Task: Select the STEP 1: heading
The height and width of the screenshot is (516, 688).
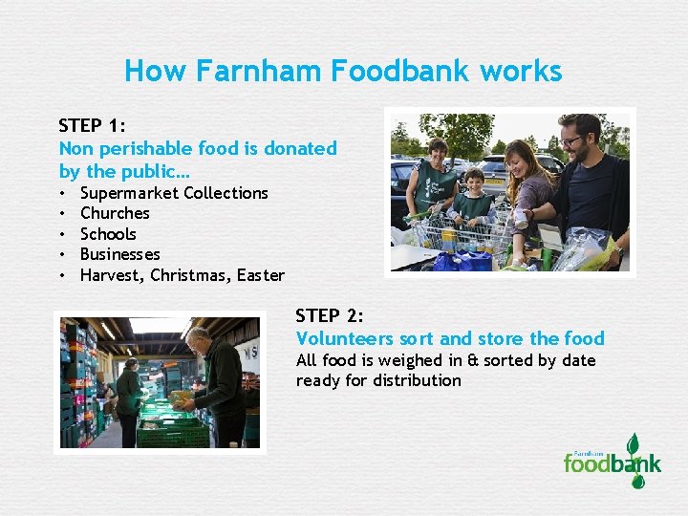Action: click(x=94, y=125)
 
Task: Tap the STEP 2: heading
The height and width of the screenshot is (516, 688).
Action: click(x=330, y=315)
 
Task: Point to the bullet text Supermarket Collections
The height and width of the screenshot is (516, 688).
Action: click(x=174, y=193)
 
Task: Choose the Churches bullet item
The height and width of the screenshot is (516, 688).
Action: click(x=115, y=213)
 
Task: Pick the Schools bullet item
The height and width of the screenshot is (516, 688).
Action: click(x=108, y=234)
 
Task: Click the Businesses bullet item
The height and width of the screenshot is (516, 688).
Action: click(x=119, y=254)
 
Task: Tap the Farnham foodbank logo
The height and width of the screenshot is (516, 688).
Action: click(x=612, y=462)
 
